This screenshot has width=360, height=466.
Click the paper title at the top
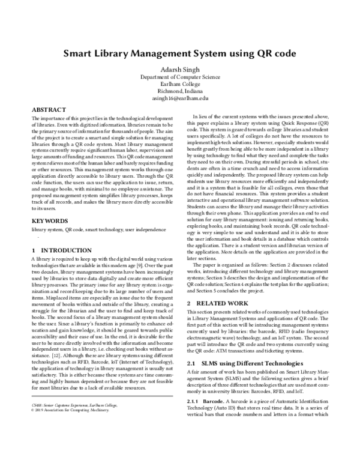click(x=180, y=53)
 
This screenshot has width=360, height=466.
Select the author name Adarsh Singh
click(x=179, y=69)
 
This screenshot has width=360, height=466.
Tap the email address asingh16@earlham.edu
click(x=179, y=97)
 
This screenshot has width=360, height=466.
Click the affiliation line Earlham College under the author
click(x=179, y=83)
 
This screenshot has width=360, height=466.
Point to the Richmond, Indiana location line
click(x=179, y=91)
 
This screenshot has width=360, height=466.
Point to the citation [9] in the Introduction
click(x=155, y=265)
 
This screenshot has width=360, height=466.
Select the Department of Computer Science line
click(x=179, y=77)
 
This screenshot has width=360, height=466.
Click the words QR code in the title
click(x=277, y=53)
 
